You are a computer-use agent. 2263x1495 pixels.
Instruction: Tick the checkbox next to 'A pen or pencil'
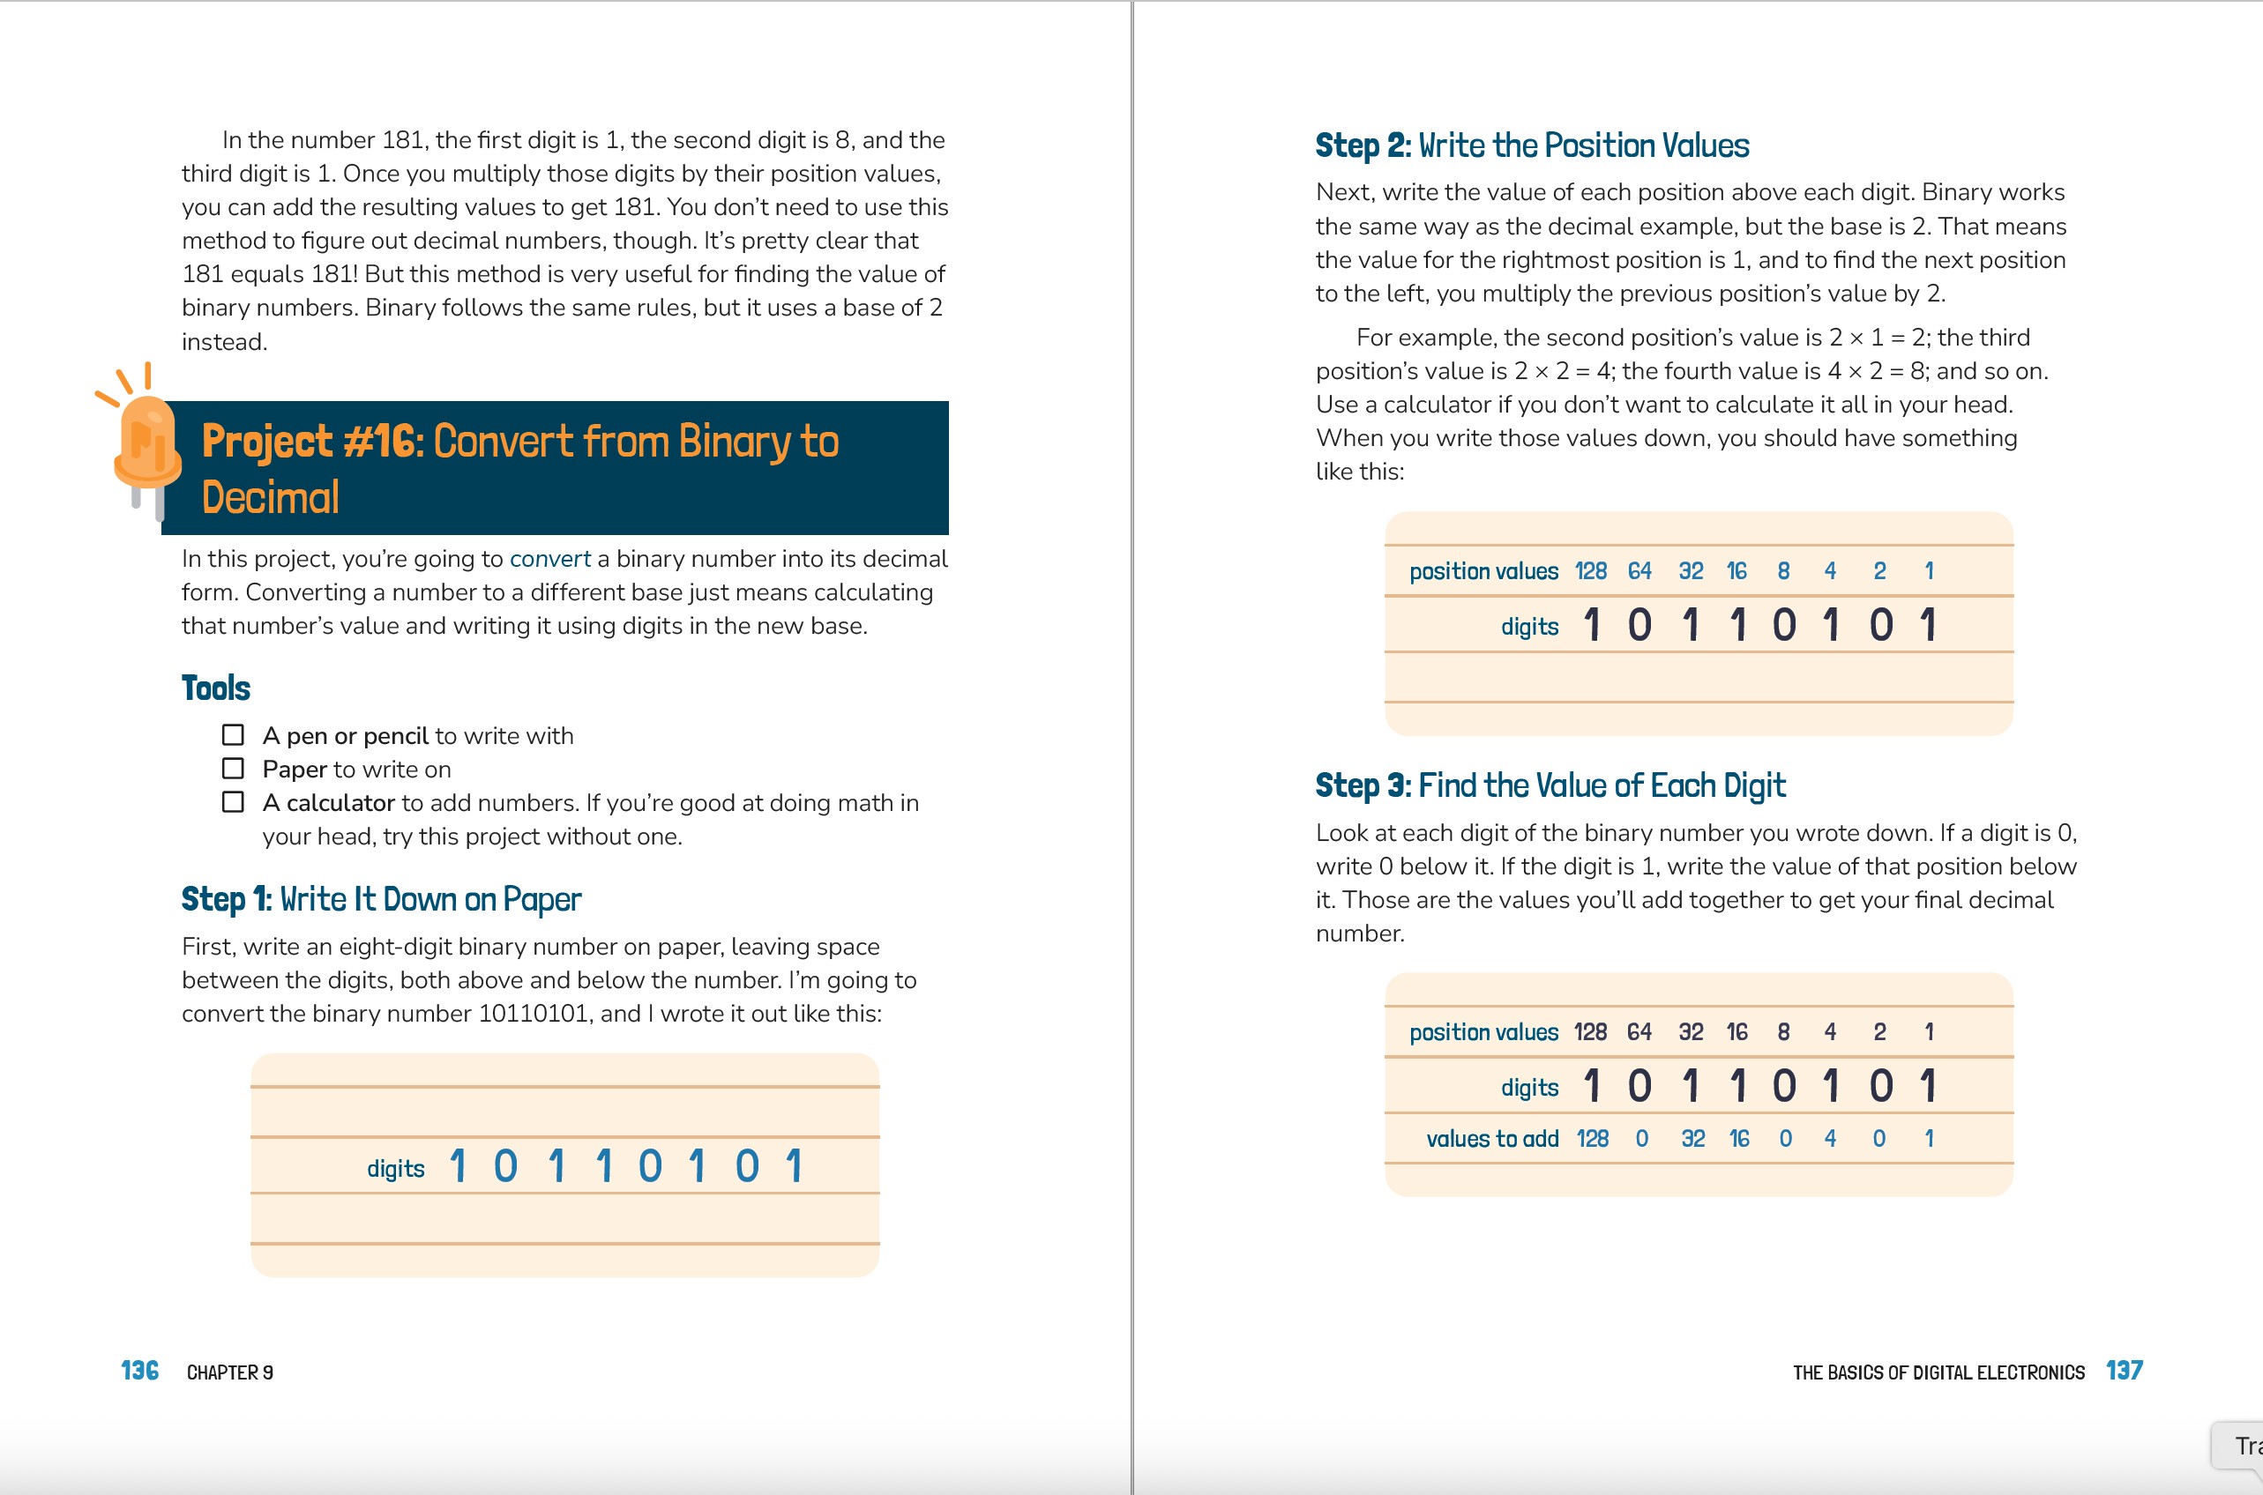(233, 735)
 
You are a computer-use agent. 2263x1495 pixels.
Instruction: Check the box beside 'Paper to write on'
(233, 769)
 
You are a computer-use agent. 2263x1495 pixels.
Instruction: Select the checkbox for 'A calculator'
(233, 802)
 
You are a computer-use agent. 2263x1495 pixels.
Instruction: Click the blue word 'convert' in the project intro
(550, 559)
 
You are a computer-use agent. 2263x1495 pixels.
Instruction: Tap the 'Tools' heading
(215, 688)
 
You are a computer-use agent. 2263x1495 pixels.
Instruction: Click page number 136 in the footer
(139, 1371)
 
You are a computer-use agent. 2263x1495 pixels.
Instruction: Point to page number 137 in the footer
(2124, 1371)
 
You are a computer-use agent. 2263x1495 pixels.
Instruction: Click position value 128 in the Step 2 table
(1590, 571)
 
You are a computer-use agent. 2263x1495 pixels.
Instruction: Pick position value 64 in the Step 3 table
(1639, 1031)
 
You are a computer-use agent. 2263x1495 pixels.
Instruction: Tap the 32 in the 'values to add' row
(1692, 1138)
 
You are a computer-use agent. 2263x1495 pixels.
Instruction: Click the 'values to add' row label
(1491, 1138)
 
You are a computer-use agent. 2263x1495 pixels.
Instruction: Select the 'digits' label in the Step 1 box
(396, 1169)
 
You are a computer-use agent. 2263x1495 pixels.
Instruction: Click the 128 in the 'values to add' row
(1592, 1138)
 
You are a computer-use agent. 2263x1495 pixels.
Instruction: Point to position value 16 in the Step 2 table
(1736, 571)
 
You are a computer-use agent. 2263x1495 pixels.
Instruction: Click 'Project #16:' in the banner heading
(312, 443)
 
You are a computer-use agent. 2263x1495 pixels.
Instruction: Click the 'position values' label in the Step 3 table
(1483, 1031)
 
